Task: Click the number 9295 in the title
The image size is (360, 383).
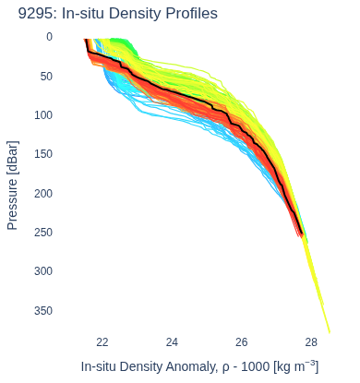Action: (x=35, y=14)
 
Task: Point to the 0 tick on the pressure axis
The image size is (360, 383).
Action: (x=49, y=37)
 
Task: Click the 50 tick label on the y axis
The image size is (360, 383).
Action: (x=46, y=76)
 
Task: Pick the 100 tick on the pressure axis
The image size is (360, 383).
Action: (x=43, y=115)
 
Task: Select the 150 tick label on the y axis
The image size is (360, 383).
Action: (x=43, y=154)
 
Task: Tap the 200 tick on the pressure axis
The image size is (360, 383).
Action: (x=43, y=193)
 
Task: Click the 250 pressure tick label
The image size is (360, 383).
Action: (x=43, y=233)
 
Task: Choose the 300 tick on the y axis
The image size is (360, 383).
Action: (x=43, y=271)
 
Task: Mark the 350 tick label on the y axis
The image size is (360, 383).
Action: (x=43, y=310)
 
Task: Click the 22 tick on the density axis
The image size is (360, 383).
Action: (x=102, y=342)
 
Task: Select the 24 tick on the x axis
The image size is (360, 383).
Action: (x=172, y=342)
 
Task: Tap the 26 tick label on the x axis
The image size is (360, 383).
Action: (x=241, y=342)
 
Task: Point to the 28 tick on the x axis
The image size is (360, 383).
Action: (x=311, y=342)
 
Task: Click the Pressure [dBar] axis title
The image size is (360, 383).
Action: (x=13, y=186)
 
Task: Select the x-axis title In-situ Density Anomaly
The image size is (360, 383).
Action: (x=152, y=366)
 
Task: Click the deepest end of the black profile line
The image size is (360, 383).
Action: (x=302, y=234)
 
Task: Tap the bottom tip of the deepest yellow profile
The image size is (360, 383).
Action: (x=330, y=332)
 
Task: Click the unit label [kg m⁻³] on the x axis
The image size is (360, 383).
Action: (x=295, y=366)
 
